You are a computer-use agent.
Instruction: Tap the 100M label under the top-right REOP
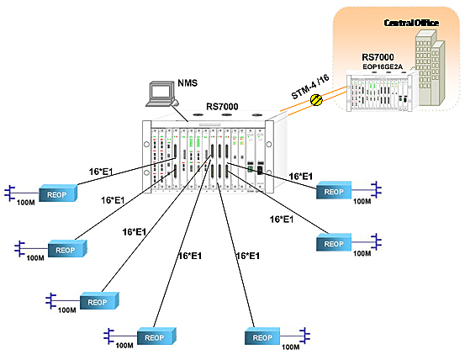pyautogui.click(x=362, y=203)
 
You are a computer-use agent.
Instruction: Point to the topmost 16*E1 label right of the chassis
pyautogui.click(x=300, y=177)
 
